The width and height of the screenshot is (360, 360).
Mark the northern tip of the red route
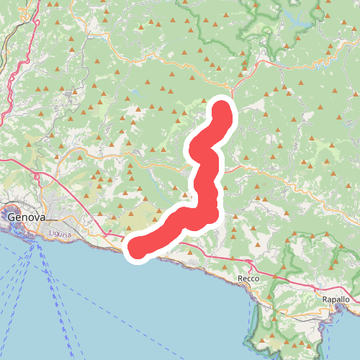pyautogui.click(x=221, y=109)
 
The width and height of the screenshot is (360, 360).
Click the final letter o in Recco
pyautogui.click(x=256, y=277)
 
